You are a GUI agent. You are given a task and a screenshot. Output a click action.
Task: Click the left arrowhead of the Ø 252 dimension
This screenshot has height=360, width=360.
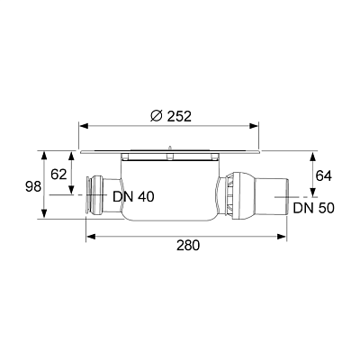(83, 127)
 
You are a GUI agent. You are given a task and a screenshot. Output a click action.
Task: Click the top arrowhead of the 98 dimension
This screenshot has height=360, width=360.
(43, 154)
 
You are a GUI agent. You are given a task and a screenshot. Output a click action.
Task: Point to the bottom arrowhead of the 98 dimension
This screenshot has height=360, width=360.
(43, 217)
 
